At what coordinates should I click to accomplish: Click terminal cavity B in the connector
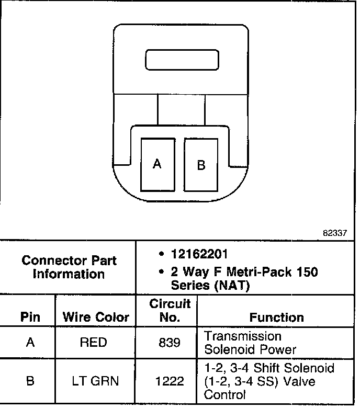201,165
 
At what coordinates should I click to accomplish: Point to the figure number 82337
335,233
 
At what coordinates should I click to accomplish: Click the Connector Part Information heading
69,267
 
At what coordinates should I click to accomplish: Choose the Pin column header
30,317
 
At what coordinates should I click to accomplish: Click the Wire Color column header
96,317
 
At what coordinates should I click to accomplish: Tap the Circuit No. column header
170,310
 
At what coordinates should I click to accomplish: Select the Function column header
277,317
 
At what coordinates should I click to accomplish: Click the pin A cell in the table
30,343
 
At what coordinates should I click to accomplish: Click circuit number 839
170,343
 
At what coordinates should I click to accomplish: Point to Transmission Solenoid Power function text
250,343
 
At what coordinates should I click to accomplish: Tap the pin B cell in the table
30,381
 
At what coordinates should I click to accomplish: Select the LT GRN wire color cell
95,381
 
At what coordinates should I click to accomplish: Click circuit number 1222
170,381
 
